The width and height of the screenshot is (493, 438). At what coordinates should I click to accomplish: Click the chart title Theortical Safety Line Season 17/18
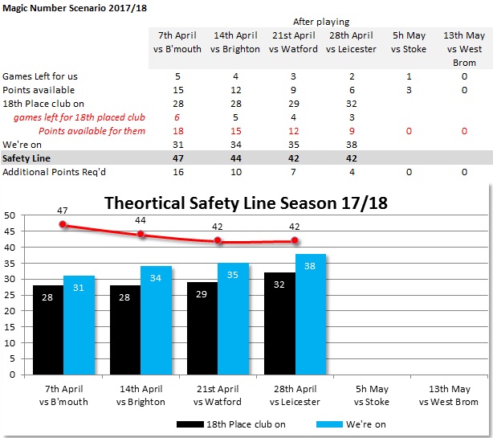(x=246, y=203)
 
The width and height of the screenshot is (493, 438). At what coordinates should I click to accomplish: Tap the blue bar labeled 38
(x=311, y=314)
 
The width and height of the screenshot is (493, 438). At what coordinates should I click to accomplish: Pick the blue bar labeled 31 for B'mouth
(x=79, y=325)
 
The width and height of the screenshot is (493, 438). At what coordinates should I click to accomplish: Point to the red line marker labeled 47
(x=63, y=225)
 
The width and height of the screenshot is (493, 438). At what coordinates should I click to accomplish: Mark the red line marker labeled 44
(x=141, y=235)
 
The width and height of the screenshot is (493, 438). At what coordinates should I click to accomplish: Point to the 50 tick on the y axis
(x=10, y=215)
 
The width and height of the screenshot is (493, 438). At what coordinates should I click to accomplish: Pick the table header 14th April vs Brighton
(x=235, y=43)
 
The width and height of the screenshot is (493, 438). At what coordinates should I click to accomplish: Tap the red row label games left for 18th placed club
(x=79, y=117)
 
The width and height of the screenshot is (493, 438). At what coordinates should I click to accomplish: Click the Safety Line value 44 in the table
(x=236, y=158)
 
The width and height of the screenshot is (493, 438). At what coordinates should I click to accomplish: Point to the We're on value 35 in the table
(x=294, y=145)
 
